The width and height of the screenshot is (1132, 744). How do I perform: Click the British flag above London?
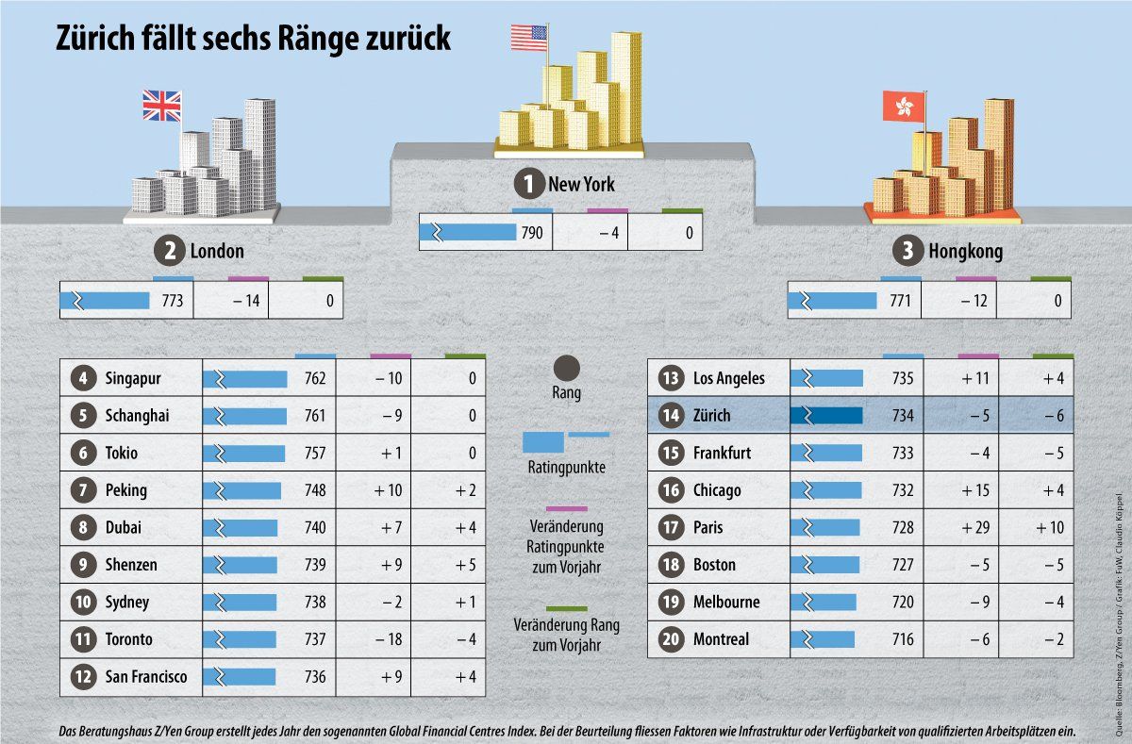pyautogui.click(x=161, y=106)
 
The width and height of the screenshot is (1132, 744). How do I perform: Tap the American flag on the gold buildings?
pyautogui.click(x=528, y=38)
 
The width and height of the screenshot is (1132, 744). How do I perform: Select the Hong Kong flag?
pyautogui.click(x=903, y=107)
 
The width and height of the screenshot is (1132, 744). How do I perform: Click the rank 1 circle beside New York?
pyautogui.click(x=528, y=185)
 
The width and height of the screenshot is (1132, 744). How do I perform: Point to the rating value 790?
pyautogui.click(x=532, y=234)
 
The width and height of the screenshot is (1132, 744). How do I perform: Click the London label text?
pyautogui.click(x=217, y=252)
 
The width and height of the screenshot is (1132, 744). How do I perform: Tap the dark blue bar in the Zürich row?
pyautogui.click(x=827, y=416)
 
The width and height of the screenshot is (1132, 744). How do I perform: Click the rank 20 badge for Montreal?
pyautogui.click(x=671, y=639)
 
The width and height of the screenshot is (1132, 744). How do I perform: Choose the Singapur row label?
pyautogui.click(x=133, y=379)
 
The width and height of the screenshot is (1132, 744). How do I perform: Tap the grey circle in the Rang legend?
pyautogui.click(x=566, y=368)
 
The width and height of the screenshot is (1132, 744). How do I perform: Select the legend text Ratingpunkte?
pyautogui.click(x=566, y=466)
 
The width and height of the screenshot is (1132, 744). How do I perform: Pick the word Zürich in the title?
pyautogui.click(x=98, y=39)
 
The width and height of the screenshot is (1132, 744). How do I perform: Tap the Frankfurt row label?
pyautogui.click(x=722, y=453)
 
